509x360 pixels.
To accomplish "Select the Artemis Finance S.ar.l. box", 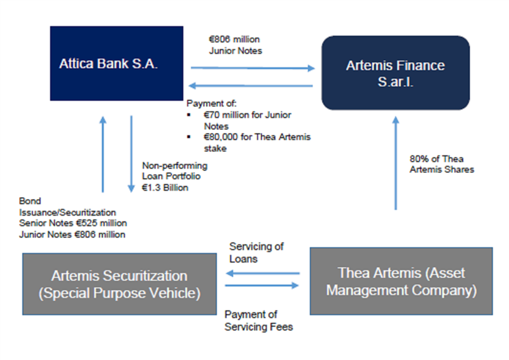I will [395, 73].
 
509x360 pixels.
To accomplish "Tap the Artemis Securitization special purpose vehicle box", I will [119, 284].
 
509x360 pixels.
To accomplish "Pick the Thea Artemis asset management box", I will [401, 281].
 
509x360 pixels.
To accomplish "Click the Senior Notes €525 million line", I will [73, 223].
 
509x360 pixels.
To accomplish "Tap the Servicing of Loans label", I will [256, 253].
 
